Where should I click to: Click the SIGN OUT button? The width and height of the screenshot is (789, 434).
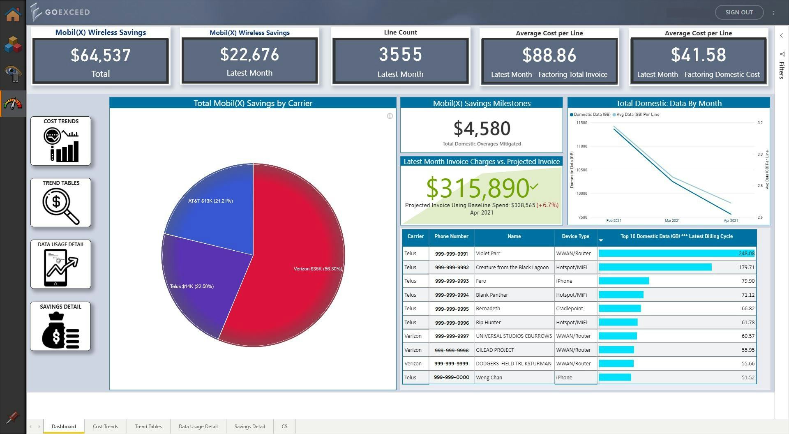coord(739,12)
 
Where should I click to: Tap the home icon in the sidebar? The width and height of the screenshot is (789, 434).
coord(13,14)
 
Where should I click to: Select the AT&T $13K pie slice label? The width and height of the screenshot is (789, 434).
coord(210,201)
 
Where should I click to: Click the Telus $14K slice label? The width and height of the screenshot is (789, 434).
coord(191,286)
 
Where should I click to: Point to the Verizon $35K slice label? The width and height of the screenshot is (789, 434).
coord(318,269)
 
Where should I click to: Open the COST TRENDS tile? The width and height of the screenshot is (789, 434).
coord(61,141)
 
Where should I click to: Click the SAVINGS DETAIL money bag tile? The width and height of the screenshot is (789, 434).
coord(60,326)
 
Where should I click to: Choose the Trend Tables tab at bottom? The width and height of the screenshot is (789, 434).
coord(148,427)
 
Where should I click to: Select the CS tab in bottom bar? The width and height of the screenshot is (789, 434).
coord(284,427)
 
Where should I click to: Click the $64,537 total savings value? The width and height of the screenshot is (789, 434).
coord(101,55)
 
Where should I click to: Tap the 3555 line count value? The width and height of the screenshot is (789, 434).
coord(400,55)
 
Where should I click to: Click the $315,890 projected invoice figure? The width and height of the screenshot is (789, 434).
coord(478,188)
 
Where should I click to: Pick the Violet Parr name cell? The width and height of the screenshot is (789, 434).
coord(488,254)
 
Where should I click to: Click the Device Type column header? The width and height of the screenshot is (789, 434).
coord(575,236)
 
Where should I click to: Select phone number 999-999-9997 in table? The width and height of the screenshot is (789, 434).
coord(452,336)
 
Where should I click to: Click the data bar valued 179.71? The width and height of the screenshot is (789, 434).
coord(655,267)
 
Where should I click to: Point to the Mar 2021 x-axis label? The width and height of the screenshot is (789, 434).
coord(672,221)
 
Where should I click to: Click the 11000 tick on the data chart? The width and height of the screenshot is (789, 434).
coord(581,146)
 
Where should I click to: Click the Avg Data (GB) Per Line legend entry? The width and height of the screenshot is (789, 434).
coord(637,115)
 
